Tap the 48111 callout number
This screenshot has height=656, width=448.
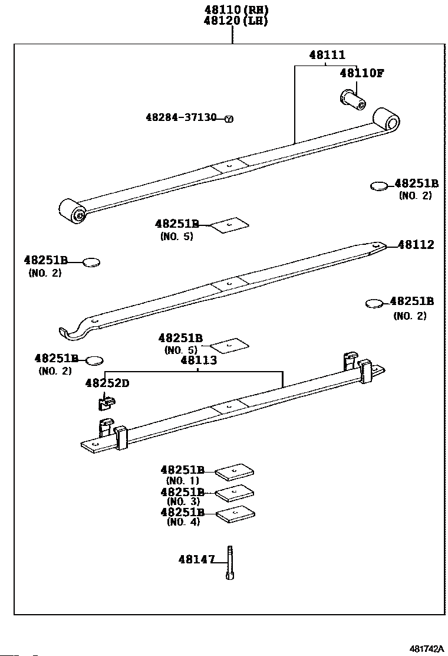pos(327,55)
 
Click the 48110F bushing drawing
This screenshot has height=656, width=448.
pos(353,98)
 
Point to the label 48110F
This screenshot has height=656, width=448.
pos(361,73)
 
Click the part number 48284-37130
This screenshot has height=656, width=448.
pos(181,117)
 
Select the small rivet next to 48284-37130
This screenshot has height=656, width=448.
pos(229,119)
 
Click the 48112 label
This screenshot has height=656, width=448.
pos(415,245)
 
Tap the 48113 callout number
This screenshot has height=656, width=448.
pos(199,360)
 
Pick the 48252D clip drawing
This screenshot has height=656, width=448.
pos(106,403)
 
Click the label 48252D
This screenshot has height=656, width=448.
pos(107,383)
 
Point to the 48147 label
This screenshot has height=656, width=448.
pos(196,559)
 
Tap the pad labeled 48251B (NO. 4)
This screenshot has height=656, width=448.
pos(235,514)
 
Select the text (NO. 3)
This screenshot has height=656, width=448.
pos(183,501)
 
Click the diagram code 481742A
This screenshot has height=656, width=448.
pos(426,648)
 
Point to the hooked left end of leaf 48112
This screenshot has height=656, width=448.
pos(73,332)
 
